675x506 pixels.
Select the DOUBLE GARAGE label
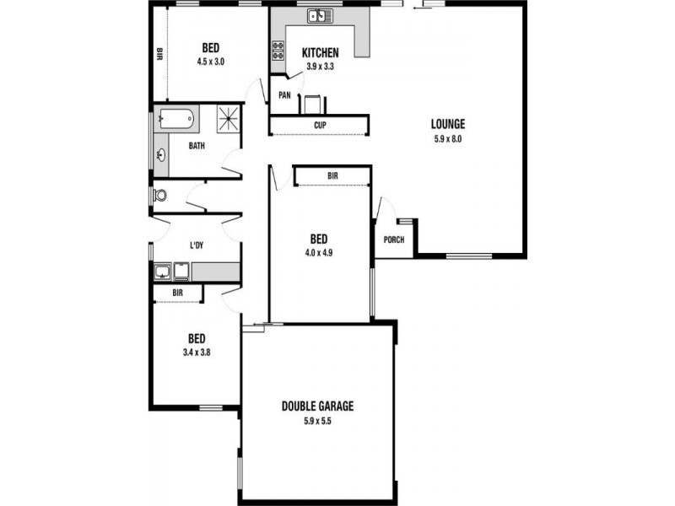click(317, 406)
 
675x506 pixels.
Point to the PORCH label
click(393, 240)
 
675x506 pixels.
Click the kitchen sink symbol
click(320, 15)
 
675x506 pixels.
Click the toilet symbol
click(159, 195)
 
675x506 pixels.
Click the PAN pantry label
click(284, 95)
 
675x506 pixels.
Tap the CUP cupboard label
click(320, 126)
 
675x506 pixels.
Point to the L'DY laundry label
click(197, 245)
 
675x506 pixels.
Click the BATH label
click(197, 146)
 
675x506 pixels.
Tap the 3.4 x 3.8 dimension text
click(197, 353)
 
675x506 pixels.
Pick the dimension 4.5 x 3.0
click(211, 62)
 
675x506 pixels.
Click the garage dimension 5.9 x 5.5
click(317, 421)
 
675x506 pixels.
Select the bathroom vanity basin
click(160, 153)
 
